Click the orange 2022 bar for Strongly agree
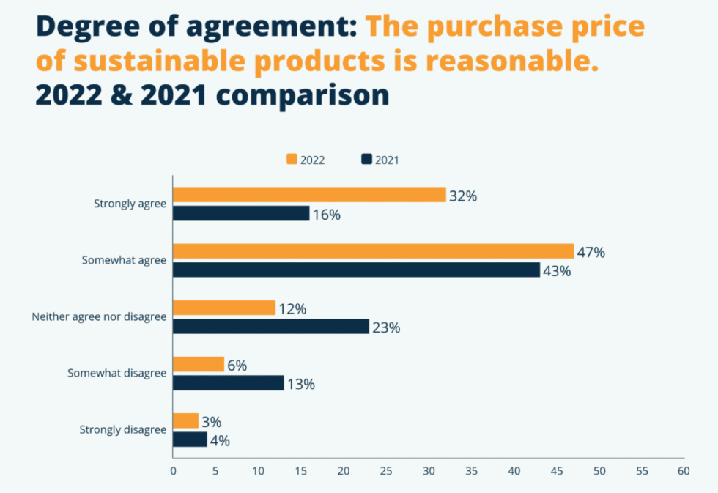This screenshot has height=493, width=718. click(x=309, y=195)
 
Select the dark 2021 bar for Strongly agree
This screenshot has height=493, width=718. click(x=241, y=213)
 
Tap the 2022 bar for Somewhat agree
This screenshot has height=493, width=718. click(x=373, y=251)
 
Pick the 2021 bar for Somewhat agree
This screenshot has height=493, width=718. click(x=356, y=270)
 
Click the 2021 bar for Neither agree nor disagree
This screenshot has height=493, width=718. click(x=271, y=327)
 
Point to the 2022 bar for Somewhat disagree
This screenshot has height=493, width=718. click(x=199, y=364)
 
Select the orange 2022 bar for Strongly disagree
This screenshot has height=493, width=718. click(x=186, y=420)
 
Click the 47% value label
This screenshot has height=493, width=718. click(x=591, y=253)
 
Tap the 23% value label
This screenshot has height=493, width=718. click(x=386, y=328)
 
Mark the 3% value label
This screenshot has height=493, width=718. click(x=211, y=422)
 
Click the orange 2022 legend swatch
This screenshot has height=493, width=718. click(x=292, y=160)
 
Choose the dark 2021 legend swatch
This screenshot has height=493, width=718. click(x=366, y=160)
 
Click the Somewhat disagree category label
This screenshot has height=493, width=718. click(x=117, y=373)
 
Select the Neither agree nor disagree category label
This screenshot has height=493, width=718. click(x=99, y=317)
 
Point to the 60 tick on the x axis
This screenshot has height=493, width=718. click(x=683, y=472)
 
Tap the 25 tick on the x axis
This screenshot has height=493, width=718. click(x=385, y=472)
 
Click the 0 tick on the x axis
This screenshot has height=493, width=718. click(x=173, y=472)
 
